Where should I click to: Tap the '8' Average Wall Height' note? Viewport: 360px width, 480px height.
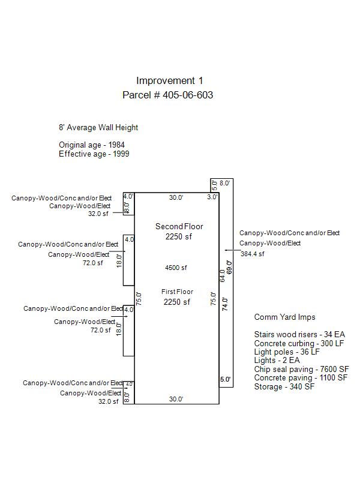coord(98,128)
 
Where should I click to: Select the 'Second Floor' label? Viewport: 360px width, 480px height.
coord(179,226)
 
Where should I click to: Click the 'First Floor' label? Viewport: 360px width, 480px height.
coord(177,292)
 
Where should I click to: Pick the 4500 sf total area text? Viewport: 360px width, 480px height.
coord(176,268)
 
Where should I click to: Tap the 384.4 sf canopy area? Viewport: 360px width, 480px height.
coord(252,254)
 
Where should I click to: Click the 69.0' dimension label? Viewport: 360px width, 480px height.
coord(230,267)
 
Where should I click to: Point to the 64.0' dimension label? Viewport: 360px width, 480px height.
coord(223,275)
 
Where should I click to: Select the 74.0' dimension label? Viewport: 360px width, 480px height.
coord(225,304)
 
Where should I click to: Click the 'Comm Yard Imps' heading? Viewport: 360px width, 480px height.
coord(284,317)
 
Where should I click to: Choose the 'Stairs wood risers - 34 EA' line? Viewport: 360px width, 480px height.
coord(299,334)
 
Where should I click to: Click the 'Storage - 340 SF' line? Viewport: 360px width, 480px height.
coord(284,386)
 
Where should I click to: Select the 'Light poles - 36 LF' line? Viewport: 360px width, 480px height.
coord(287,352)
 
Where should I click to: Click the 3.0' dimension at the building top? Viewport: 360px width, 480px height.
coord(212,197)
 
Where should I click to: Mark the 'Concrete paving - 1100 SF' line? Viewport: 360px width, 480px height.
coord(301,378)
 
